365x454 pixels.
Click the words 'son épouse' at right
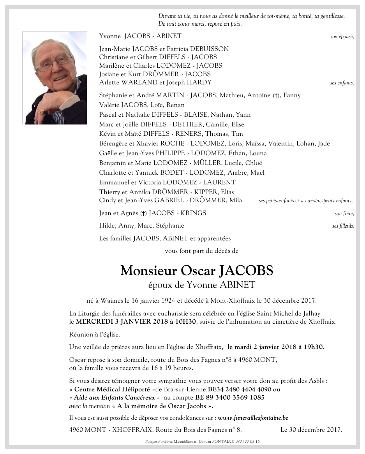342,37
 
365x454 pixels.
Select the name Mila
235,200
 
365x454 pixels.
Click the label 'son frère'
344,214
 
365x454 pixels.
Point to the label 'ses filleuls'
343,226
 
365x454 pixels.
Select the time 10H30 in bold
187,321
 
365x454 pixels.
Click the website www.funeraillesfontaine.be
253,418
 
